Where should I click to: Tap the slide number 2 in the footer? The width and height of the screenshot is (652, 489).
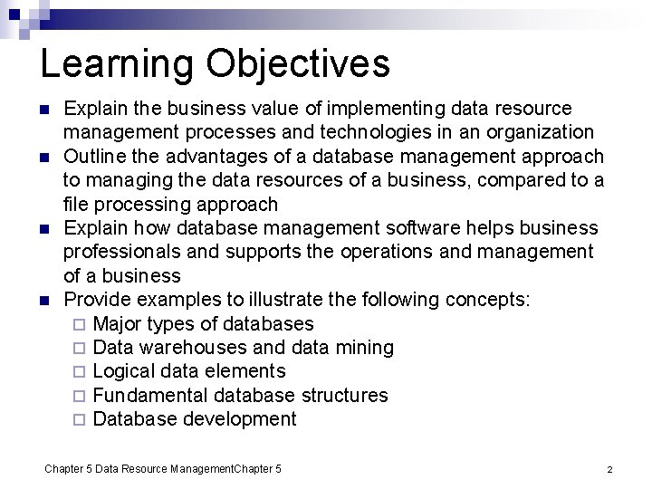(609, 469)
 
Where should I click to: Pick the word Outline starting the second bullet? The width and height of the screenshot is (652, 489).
(95, 156)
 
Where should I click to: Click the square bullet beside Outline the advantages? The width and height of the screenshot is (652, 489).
(43, 157)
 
